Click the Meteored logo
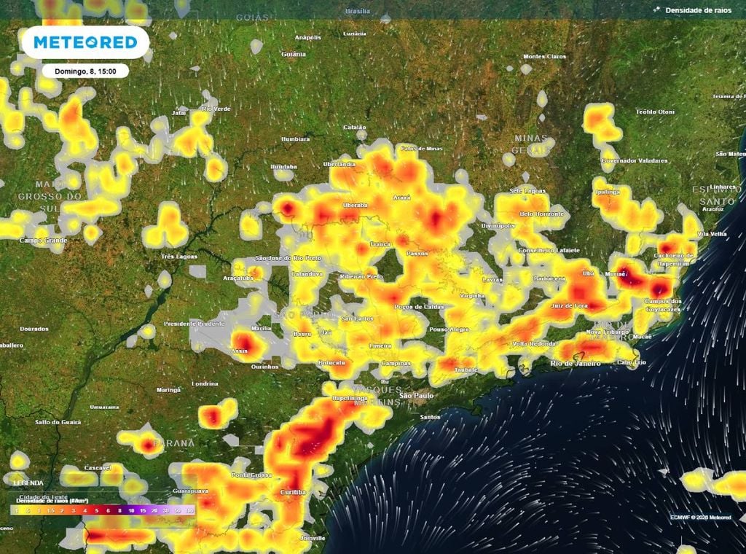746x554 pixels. point(86,42)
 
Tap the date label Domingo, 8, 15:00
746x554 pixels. point(85,71)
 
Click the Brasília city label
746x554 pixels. point(358,12)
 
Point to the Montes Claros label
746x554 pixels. point(544,56)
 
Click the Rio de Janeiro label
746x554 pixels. point(576,363)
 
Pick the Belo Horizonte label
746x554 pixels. point(541,214)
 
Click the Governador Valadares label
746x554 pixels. point(629,160)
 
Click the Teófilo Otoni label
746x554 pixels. point(655,112)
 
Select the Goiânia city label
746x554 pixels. point(294,54)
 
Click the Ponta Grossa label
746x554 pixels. point(251,475)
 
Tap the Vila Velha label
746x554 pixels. point(712,234)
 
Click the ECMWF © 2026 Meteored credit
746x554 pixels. point(700,518)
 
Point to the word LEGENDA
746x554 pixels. point(28,483)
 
